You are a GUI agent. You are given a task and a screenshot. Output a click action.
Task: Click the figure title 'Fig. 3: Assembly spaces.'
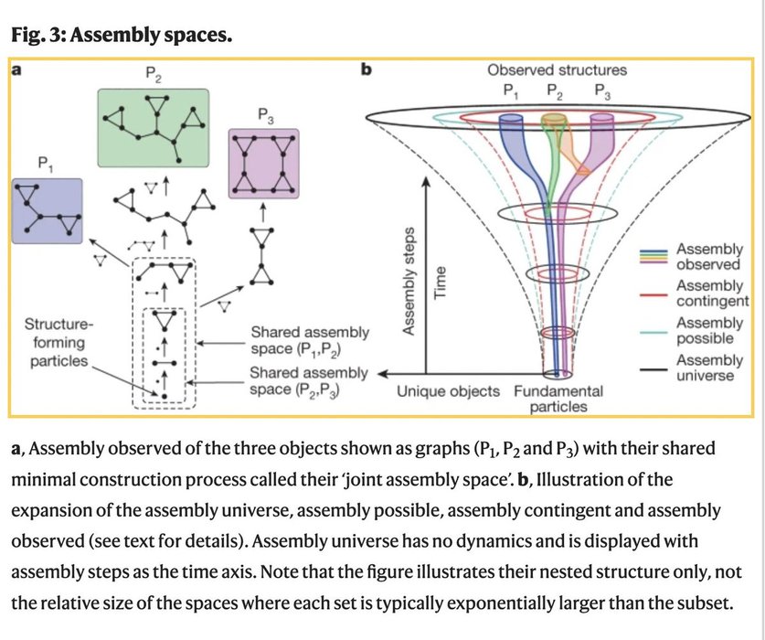pyautogui.click(x=122, y=36)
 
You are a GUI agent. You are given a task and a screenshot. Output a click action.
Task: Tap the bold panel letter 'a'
pyautogui.click(x=16, y=69)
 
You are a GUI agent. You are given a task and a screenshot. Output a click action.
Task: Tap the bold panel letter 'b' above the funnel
pyautogui.click(x=367, y=69)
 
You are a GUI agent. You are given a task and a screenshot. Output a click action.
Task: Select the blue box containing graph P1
pyautogui.click(x=47, y=210)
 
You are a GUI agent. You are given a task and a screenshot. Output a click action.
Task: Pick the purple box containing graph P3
pyautogui.click(x=264, y=161)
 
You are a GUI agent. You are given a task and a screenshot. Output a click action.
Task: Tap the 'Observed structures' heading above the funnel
pyautogui.click(x=557, y=69)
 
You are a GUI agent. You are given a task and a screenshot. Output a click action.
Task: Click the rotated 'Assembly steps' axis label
pyautogui.click(x=410, y=280)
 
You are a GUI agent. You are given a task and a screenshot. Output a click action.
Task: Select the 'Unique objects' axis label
pyautogui.click(x=447, y=391)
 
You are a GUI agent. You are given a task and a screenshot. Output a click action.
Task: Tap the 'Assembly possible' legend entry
pyautogui.click(x=709, y=330)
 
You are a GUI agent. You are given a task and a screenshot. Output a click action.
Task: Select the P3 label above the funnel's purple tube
pyautogui.click(x=603, y=91)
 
